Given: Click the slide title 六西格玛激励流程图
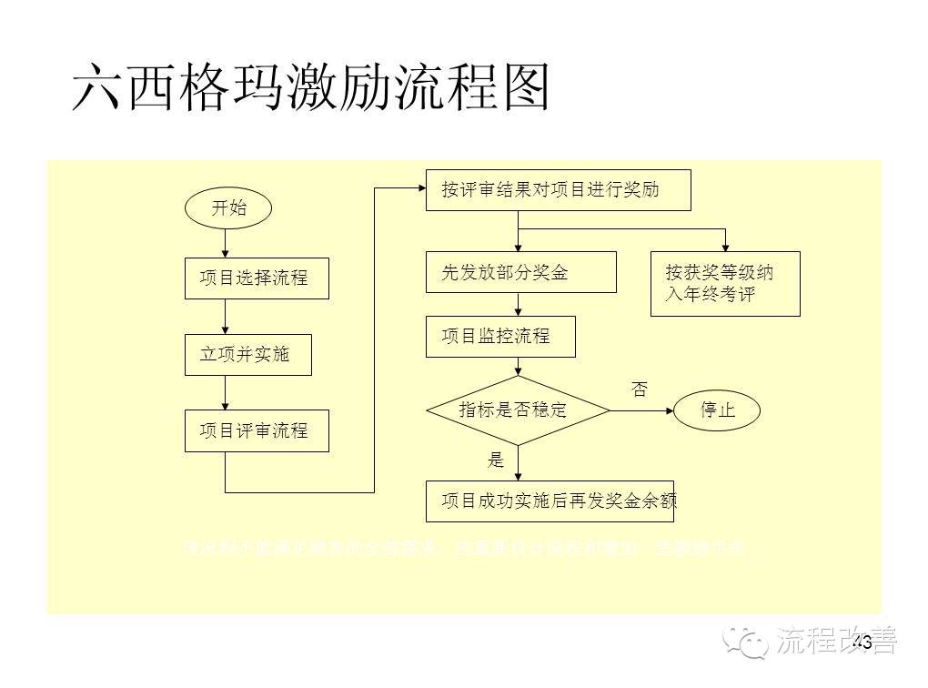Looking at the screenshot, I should pos(311,88).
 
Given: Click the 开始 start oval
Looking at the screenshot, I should pos(228,207).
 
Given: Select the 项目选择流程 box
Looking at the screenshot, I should pos(257,278).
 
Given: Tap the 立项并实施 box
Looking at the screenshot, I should pos(247,355).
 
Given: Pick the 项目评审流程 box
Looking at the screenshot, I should pos(257,430).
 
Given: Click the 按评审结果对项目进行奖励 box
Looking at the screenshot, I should pos(558,190).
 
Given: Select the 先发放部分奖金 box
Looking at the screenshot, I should pos(520,272).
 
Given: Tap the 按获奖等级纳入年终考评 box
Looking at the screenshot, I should pos(724,283).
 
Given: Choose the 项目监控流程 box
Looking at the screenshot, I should pos(500,336).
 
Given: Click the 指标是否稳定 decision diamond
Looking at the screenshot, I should pos(518,410).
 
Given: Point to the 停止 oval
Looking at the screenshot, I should pos(717,410).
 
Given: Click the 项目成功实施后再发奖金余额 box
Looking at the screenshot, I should pos(550,501).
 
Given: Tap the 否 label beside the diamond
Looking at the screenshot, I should pos(640,390).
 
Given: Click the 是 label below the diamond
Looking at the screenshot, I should pos(496,460).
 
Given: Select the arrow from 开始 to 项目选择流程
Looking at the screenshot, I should pos(226,243).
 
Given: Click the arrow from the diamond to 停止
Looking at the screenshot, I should pos(641,410).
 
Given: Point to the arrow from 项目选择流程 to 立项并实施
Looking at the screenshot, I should pos(226,318).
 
